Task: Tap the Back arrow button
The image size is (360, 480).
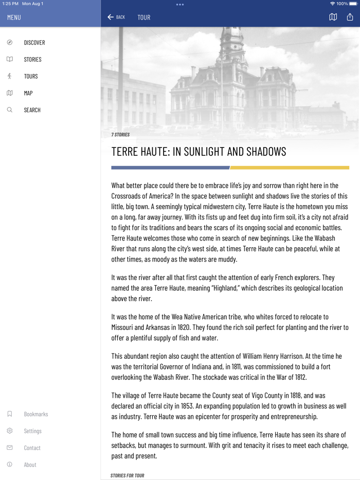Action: click(116, 17)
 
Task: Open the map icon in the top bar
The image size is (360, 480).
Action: click(333, 17)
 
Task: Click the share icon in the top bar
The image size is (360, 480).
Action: click(350, 17)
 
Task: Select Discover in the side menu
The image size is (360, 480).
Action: click(34, 43)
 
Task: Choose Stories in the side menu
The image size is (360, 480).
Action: click(32, 60)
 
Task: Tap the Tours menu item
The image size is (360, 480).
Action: click(30, 77)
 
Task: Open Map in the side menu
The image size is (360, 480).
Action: click(28, 93)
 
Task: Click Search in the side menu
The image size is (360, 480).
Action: click(32, 110)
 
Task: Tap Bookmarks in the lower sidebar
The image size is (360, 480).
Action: click(35, 414)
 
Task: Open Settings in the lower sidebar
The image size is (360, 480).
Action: click(32, 431)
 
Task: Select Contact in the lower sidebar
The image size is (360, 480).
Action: click(32, 448)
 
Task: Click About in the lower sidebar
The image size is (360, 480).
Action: click(30, 465)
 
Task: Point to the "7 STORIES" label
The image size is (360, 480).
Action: click(120, 135)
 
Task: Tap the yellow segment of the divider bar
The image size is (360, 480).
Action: click(290, 168)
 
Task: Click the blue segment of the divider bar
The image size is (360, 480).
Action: click(170, 168)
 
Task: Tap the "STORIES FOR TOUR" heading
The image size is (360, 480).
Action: click(127, 476)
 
